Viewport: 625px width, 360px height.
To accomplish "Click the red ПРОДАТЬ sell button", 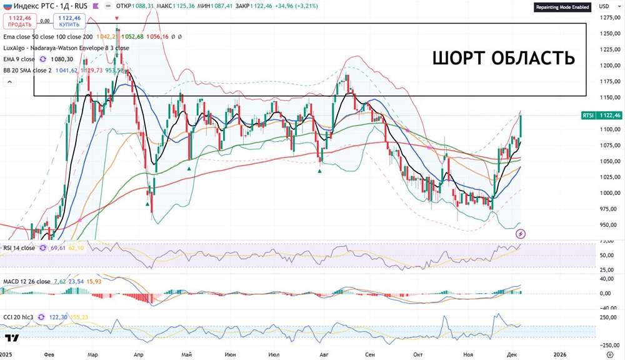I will [16, 21].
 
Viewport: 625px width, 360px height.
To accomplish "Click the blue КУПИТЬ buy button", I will [69, 21].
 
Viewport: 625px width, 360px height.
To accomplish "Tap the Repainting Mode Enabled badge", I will [561, 7].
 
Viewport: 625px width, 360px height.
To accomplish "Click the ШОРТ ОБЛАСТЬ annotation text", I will [503, 58].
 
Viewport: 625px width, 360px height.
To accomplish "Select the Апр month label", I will [139, 354].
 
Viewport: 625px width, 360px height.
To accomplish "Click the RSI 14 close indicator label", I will [19, 248].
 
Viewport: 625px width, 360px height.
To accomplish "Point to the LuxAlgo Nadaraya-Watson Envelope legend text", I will [66, 47].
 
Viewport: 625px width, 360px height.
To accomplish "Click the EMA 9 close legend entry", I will [19, 59].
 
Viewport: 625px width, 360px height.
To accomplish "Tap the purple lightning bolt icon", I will [521, 234].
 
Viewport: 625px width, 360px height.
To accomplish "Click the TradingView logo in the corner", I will [11, 339].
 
